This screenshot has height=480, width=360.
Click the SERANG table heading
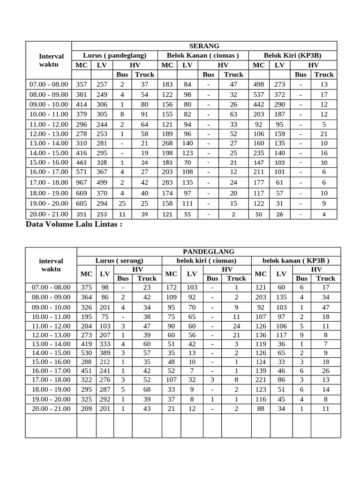[204, 46]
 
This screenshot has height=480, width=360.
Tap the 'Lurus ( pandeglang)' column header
[115, 55]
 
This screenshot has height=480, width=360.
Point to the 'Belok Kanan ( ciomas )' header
[203, 55]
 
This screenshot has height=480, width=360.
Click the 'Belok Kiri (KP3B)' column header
[292, 55]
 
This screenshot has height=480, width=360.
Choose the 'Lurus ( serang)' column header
[120, 261]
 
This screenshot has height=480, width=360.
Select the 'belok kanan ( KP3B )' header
[296, 261]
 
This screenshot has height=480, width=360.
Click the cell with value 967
[82, 182]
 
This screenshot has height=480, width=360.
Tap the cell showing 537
[259, 94]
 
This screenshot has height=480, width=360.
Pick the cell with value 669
[82, 193]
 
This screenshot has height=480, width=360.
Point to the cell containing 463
[82, 162]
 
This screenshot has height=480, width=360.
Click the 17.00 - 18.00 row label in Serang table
[48, 182]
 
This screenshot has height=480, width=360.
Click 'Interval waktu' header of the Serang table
[48, 60]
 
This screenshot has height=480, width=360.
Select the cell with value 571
[82, 172]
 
